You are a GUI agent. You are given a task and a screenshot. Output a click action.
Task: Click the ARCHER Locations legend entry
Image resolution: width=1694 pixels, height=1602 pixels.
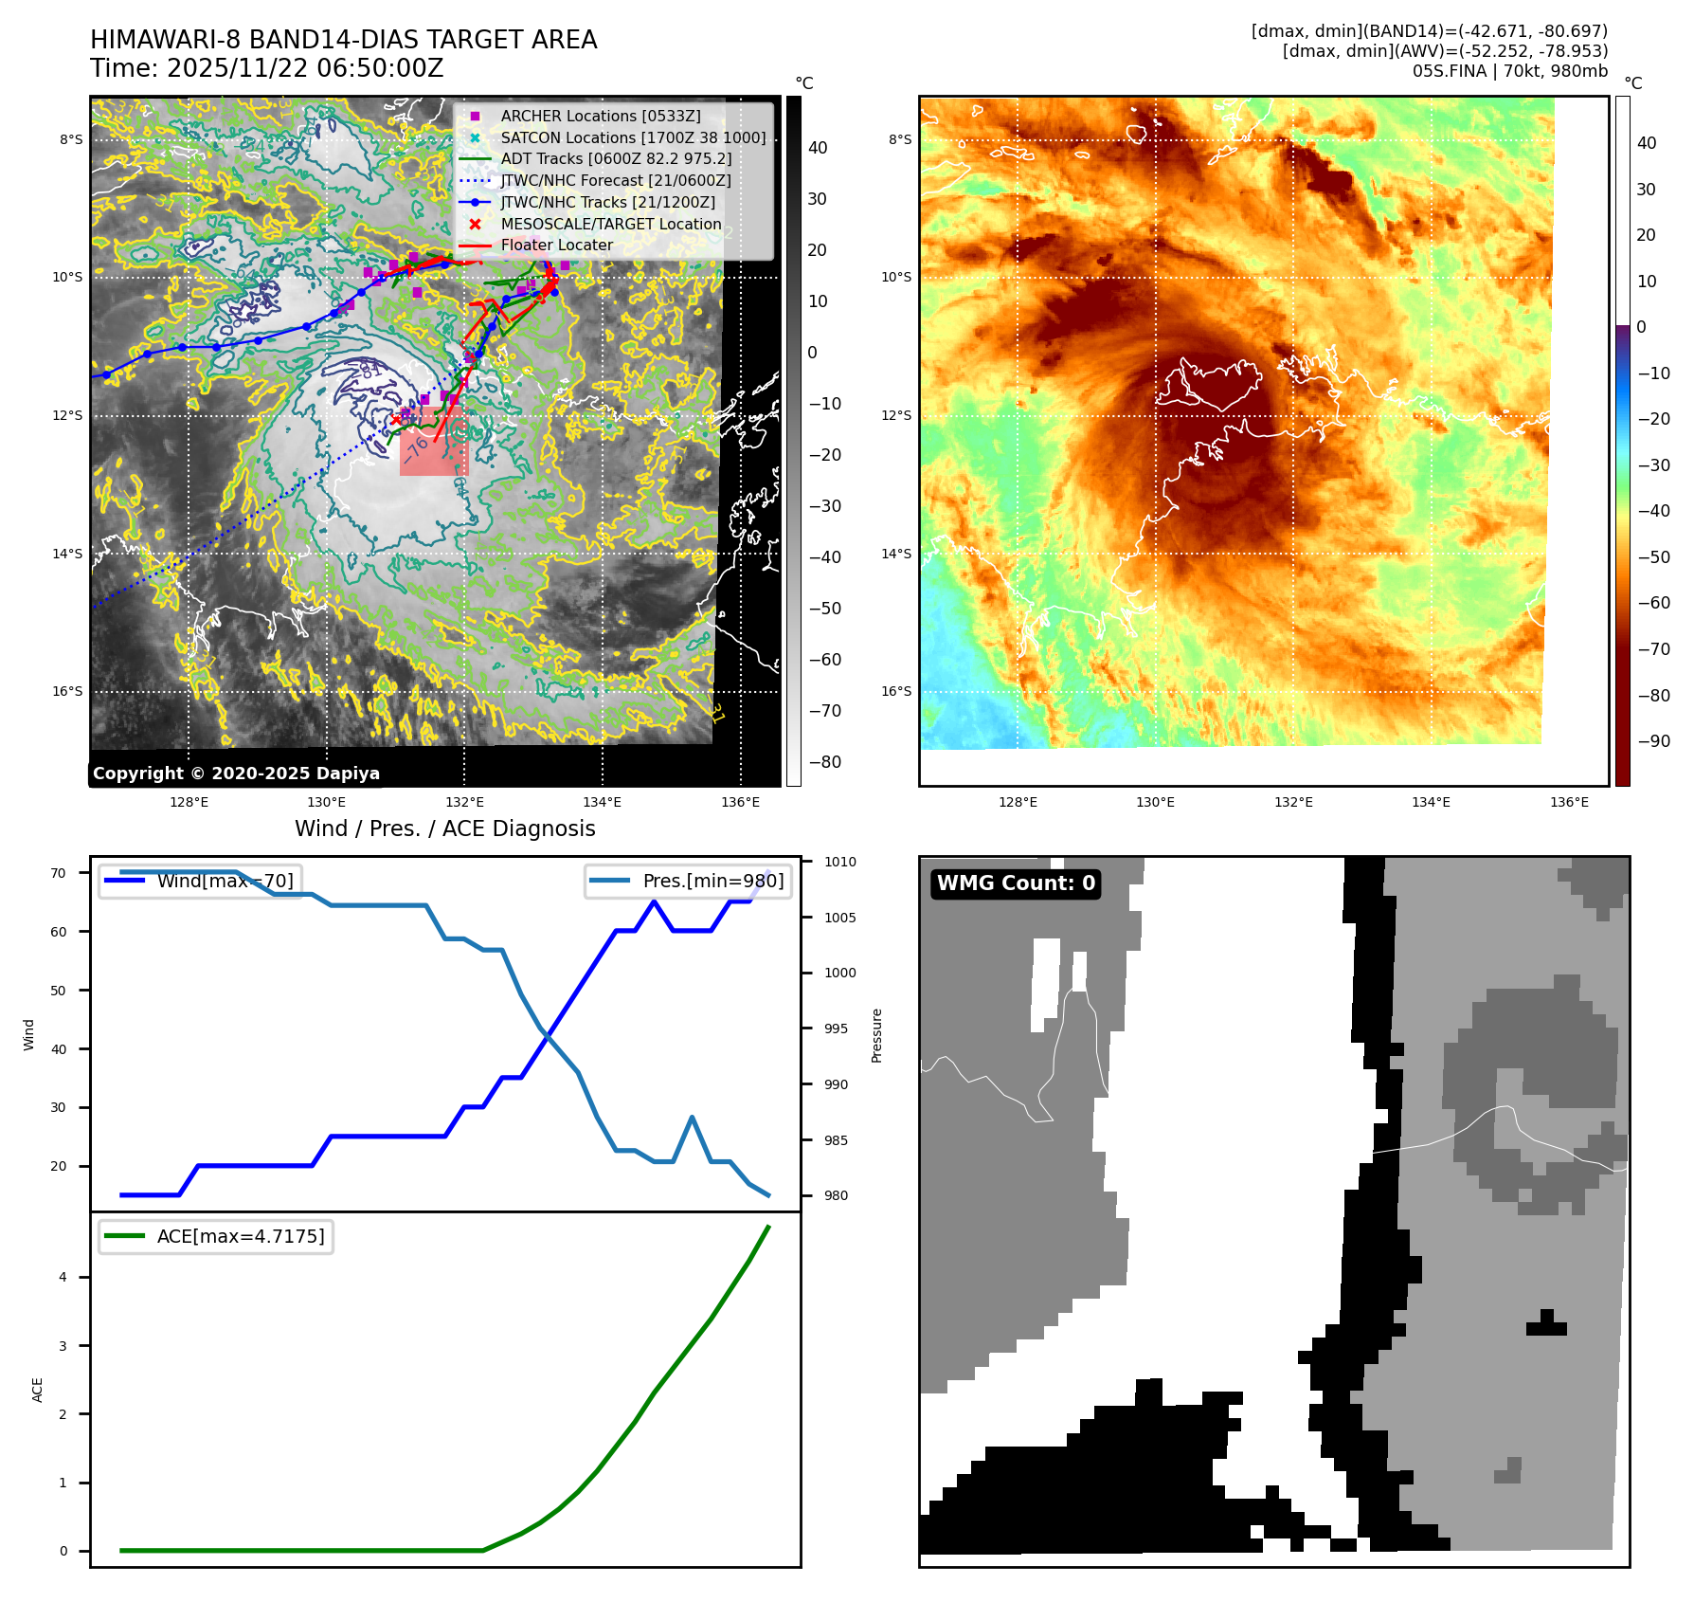tap(601, 116)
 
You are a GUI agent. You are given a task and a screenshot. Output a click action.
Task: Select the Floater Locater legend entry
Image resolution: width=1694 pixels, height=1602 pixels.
tap(556, 245)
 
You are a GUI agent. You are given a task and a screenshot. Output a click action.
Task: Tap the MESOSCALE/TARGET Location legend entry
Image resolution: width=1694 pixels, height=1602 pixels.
tap(610, 224)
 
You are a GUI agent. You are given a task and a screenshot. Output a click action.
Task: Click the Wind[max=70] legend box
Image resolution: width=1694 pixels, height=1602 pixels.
tap(200, 881)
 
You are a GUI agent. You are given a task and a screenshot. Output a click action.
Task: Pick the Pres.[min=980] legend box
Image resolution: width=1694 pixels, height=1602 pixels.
tap(688, 881)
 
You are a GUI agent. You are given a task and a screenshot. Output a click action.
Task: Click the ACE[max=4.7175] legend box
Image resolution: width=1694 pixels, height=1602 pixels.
tap(216, 1236)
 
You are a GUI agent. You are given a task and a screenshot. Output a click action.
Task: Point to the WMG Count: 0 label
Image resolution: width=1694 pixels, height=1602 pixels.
tap(1016, 883)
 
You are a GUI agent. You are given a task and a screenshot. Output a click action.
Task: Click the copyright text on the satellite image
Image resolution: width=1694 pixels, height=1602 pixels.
tap(236, 774)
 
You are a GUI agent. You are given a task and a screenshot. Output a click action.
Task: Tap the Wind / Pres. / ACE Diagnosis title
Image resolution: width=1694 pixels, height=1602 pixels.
tap(444, 828)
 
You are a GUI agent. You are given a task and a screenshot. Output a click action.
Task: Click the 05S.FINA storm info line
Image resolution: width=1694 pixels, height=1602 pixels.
tap(1509, 71)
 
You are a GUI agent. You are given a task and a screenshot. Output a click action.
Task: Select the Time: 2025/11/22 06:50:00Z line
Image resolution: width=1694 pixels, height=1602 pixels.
tap(266, 68)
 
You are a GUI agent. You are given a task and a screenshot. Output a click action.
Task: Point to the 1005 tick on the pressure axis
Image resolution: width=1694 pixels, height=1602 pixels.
tap(839, 918)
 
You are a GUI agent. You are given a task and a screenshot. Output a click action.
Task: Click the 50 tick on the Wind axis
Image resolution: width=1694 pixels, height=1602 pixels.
tap(59, 991)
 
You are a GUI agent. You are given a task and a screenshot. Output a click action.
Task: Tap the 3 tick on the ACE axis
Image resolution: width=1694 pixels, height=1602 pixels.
tap(63, 1346)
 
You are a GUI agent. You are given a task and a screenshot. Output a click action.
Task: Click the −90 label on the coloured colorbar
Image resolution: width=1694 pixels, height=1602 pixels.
tap(1653, 741)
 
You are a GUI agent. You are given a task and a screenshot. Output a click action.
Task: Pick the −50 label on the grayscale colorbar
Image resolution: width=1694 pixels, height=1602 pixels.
tap(824, 609)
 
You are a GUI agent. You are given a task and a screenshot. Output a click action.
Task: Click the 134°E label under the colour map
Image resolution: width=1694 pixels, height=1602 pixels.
tap(1431, 802)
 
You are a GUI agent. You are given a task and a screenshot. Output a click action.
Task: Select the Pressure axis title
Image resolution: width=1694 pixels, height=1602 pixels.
tap(876, 1035)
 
